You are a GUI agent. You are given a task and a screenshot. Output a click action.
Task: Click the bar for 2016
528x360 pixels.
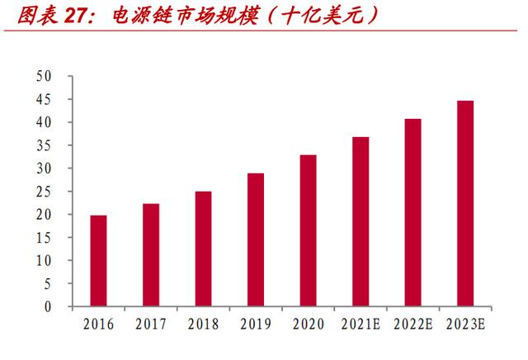(x=98, y=261)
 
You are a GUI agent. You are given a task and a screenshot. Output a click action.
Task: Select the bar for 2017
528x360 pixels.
(x=151, y=255)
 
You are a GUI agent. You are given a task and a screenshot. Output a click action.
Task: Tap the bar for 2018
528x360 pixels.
(x=204, y=249)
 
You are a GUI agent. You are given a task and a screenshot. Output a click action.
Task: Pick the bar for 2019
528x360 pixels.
(x=256, y=239)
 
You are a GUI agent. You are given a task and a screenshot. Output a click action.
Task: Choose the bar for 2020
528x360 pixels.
(x=308, y=230)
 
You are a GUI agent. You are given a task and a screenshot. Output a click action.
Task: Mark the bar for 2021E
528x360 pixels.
(x=361, y=221)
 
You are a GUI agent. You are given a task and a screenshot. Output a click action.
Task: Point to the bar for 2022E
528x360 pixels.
(x=412, y=212)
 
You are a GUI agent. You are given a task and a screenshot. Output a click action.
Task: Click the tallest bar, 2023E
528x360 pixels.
(x=465, y=203)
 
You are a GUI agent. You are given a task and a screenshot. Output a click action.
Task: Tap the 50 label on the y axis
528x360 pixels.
(x=44, y=76)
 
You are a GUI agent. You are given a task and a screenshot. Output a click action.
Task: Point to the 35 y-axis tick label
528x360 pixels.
(x=44, y=145)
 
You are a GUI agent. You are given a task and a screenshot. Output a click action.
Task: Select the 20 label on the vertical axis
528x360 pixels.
(x=44, y=215)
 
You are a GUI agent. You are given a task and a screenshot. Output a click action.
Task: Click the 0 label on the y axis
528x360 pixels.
(x=48, y=306)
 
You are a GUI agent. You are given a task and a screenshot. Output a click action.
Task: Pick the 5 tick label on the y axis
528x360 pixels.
(x=48, y=284)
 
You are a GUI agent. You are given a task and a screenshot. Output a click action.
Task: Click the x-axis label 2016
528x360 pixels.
(x=99, y=324)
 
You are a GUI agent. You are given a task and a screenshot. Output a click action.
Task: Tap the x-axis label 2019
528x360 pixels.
(x=256, y=324)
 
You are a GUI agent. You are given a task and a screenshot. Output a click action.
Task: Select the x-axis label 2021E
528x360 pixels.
(x=361, y=324)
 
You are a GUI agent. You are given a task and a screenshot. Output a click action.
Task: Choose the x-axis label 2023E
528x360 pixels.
(x=465, y=324)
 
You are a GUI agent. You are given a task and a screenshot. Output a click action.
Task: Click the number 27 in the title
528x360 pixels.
(x=76, y=16)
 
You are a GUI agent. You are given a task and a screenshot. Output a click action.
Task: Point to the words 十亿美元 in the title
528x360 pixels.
(x=323, y=16)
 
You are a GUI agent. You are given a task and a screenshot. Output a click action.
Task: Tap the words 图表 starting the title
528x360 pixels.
(x=38, y=16)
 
